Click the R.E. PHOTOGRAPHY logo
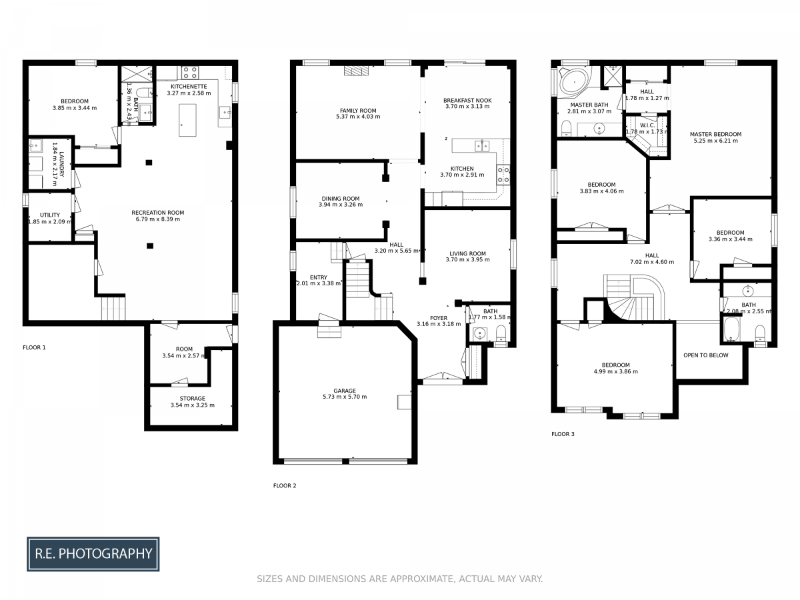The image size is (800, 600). point(93,553)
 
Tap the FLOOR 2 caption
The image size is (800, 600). point(284,485)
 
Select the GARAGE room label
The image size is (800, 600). point(345,391)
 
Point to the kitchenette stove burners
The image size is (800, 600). point(190,72)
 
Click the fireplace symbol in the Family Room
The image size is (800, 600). point(357,71)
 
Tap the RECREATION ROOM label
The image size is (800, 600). point(158,213)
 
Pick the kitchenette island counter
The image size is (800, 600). point(187,120)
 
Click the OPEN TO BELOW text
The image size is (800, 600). point(705,355)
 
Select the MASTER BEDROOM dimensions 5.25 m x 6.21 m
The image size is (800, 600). point(715,141)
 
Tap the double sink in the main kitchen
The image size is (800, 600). point(482,146)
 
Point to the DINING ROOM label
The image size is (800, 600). point(341,199)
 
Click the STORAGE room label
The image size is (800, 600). point(193,398)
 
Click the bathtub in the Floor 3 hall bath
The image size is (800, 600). point(731,329)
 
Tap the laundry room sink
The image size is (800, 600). point(36,145)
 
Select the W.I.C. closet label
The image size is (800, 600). point(647,125)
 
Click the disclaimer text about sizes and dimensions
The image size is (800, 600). point(400,579)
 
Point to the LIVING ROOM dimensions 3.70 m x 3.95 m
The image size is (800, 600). point(467,259)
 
